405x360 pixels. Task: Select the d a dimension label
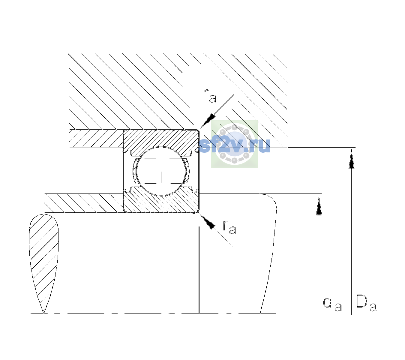332,304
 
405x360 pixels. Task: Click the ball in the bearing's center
161,171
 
